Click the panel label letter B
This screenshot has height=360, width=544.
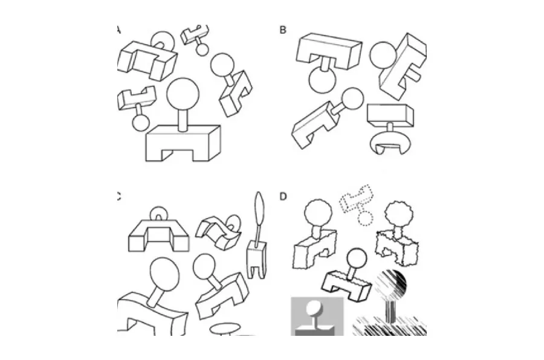coord(283,30)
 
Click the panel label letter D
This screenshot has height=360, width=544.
coord(283,196)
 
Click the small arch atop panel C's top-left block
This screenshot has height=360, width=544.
coord(158,215)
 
